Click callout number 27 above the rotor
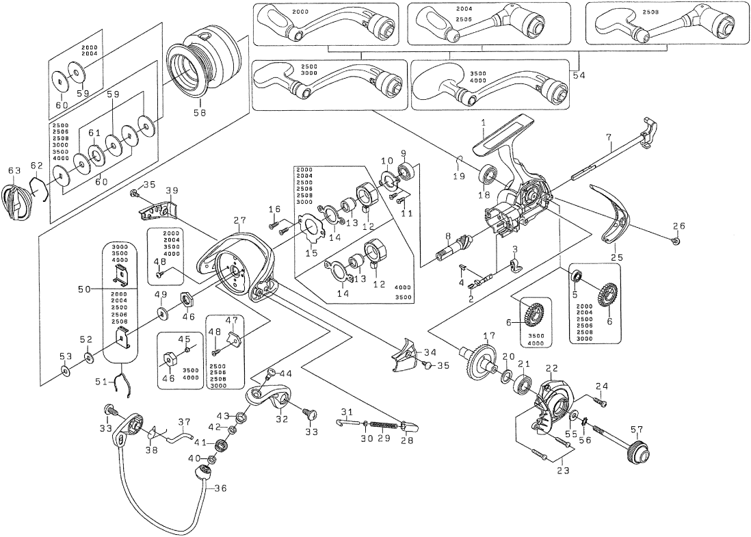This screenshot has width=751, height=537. pyautogui.click(x=239, y=220)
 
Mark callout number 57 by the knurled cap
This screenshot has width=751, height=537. pyautogui.click(x=636, y=430)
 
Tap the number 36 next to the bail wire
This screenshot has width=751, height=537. pyautogui.click(x=220, y=488)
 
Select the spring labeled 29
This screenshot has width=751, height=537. pyautogui.click(x=384, y=423)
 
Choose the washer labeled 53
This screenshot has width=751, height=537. pyautogui.click(x=65, y=371)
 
